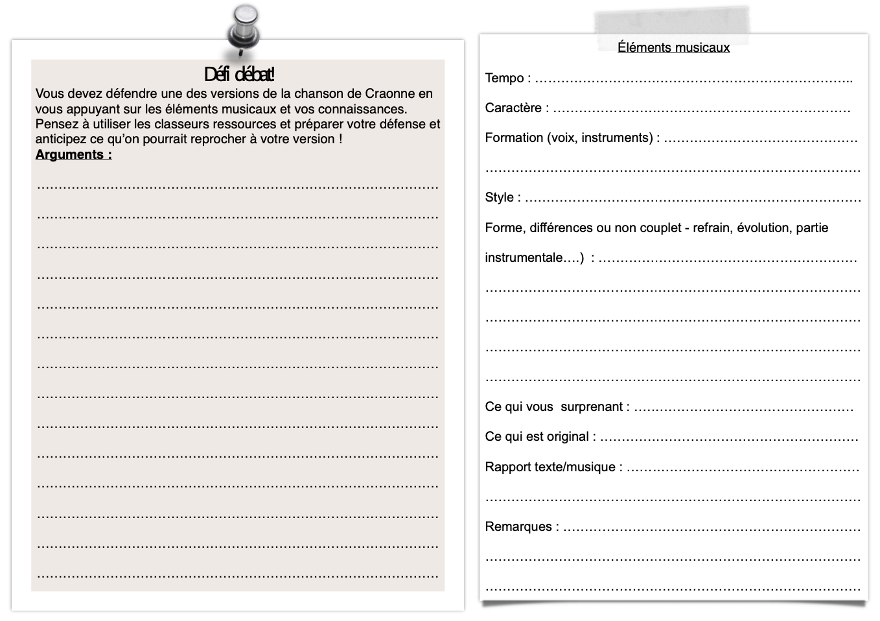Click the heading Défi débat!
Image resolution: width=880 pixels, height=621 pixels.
239,74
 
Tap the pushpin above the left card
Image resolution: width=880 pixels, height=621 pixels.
244,29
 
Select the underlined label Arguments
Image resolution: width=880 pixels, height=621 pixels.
73,154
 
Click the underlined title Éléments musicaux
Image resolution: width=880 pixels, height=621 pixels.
673,47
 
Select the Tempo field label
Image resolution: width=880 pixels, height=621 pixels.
504,78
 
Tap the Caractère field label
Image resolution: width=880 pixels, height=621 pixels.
513,108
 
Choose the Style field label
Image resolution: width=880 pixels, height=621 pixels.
499,197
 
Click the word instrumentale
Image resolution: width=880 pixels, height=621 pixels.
524,257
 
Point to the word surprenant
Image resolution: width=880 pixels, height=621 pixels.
591,406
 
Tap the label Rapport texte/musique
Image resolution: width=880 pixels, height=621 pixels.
550,467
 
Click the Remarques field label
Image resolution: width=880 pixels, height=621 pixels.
518,526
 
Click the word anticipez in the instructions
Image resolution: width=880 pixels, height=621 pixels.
61,139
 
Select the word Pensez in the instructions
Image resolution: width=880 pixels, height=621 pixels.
55,124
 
